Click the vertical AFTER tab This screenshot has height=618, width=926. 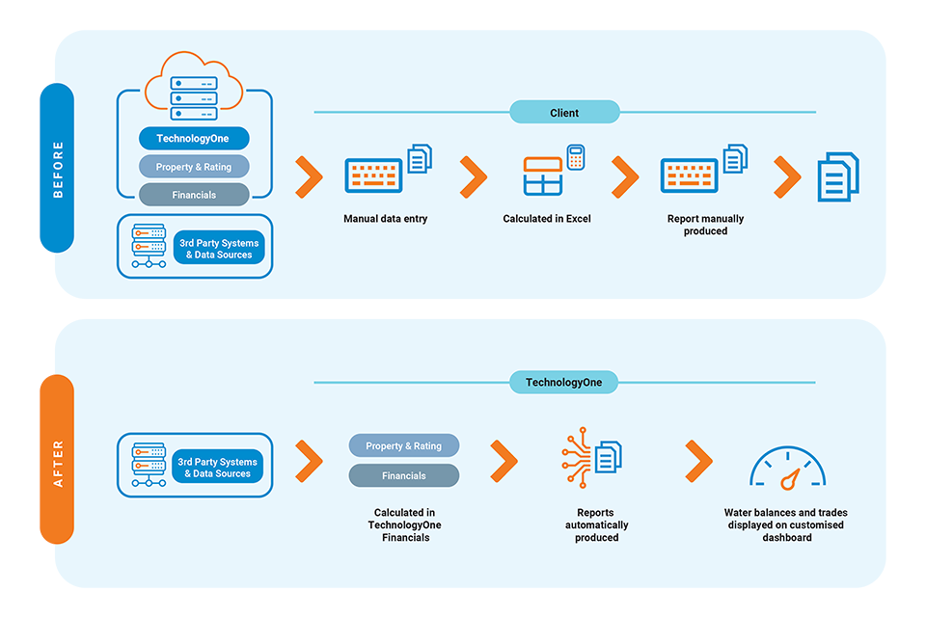click(x=57, y=459)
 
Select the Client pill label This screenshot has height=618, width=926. click(x=564, y=113)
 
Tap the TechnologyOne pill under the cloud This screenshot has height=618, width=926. click(x=194, y=139)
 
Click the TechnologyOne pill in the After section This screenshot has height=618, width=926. click(x=563, y=383)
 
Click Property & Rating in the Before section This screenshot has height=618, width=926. click(x=194, y=167)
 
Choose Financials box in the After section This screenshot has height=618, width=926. click(x=403, y=475)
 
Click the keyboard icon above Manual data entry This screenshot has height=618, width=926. click(x=375, y=175)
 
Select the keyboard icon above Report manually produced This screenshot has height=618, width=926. click(x=691, y=175)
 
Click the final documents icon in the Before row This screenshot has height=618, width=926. click(x=838, y=176)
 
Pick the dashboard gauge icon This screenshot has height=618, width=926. click(x=787, y=468)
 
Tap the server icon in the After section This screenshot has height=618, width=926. click(x=149, y=465)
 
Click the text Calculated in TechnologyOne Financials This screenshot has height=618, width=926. click(x=404, y=524)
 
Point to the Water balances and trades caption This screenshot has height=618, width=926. click(x=785, y=524)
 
